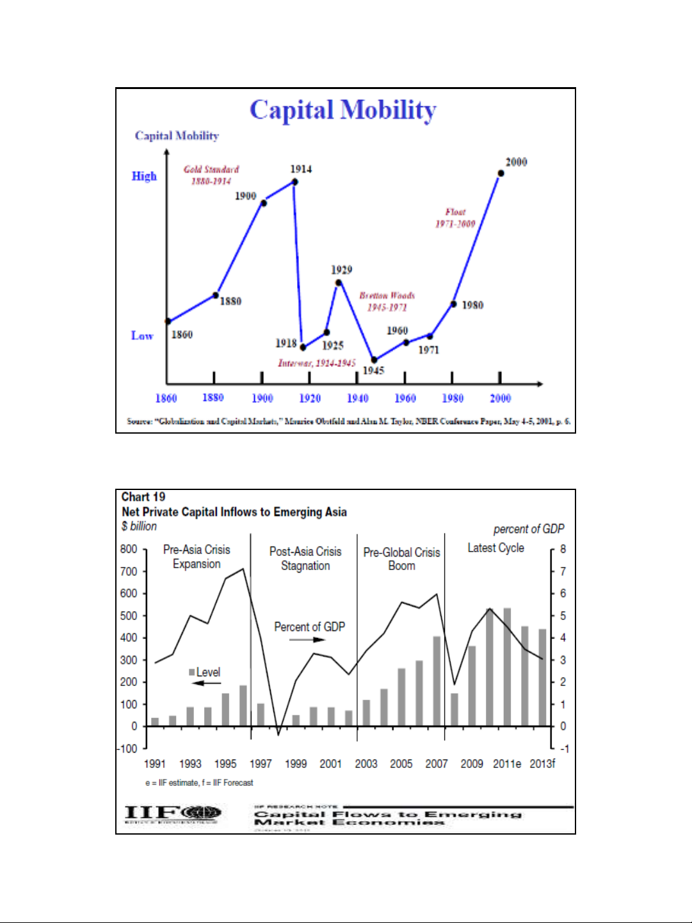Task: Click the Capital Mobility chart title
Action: point(343,110)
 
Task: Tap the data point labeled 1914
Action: point(294,182)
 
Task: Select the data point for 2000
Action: point(501,173)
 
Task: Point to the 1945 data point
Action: point(374,360)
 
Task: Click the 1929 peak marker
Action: point(339,282)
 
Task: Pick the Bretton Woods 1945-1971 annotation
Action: point(387,301)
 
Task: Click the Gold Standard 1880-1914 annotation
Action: point(211,175)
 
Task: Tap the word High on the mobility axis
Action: point(144,176)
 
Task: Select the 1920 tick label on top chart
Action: point(310,398)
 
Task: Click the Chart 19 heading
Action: point(143,497)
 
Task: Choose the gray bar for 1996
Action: point(243,705)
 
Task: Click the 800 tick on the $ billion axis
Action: point(129,549)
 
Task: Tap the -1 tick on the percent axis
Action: point(563,748)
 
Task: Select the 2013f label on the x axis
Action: point(542,764)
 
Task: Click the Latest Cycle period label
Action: point(495,548)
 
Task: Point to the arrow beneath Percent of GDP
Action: point(303,639)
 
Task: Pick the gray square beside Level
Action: point(192,672)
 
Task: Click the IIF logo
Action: point(173,814)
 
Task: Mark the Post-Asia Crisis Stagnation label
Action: point(305,559)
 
